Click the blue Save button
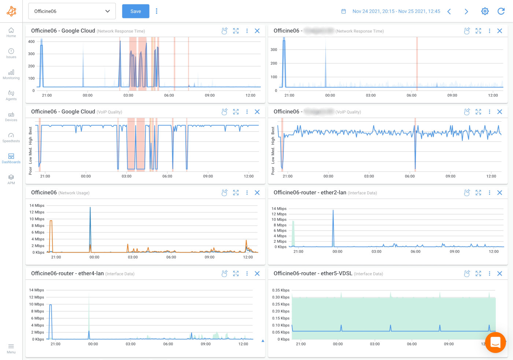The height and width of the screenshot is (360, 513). (136, 11)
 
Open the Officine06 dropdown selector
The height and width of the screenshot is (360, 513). (72, 11)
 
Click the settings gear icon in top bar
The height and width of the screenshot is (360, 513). (485, 11)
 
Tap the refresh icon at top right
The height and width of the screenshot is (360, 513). (501, 11)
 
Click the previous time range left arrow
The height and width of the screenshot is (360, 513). (449, 11)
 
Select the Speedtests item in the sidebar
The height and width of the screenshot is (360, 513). (11, 137)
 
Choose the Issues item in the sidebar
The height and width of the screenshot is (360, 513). (11, 53)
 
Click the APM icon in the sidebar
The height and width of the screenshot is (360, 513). (11, 179)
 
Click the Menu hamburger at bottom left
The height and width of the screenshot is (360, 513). (11, 348)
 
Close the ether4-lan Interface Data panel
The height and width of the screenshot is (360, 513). (257, 273)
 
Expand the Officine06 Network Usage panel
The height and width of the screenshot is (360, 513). (236, 193)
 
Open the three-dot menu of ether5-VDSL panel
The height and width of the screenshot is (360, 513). (490, 273)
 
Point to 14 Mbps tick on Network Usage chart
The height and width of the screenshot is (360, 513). (37, 206)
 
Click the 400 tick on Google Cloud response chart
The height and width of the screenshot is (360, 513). (32, 42)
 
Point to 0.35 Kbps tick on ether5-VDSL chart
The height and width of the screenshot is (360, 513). (281, 290)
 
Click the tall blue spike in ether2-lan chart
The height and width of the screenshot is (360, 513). (333, 227)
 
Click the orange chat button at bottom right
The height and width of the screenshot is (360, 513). (495, 342)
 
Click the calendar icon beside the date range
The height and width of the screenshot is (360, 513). (344, 11)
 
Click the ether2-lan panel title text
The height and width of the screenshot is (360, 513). (310, 193)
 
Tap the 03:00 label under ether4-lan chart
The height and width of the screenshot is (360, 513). (130, 344)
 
